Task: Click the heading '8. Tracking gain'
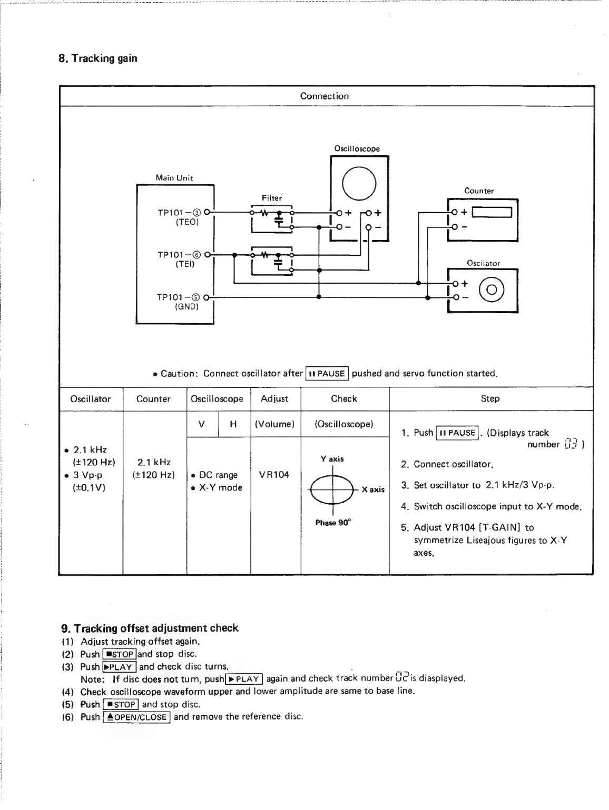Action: click(98, 58)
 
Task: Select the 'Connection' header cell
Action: click(324, 96)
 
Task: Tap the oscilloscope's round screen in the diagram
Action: click(359, 183)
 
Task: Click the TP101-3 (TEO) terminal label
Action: click(179, 217)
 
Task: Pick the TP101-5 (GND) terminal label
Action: click(179, 302)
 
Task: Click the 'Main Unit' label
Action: click(174, 178)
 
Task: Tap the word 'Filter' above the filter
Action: click(272, 198)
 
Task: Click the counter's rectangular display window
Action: click(492, 213)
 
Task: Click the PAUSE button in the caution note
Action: click(327, 374)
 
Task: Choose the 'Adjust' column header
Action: click(274, 399)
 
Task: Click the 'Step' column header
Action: click(490, 398)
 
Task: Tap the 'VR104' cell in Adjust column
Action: click(274, 475)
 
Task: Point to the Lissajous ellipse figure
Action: click(332, 489)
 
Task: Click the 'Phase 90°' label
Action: click(333, 523)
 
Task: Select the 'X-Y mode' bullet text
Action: click(220, 488)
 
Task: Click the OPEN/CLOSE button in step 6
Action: click(136, 717)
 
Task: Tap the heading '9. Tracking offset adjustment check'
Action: click(150, 628)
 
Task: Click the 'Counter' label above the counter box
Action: click(479, 191)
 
